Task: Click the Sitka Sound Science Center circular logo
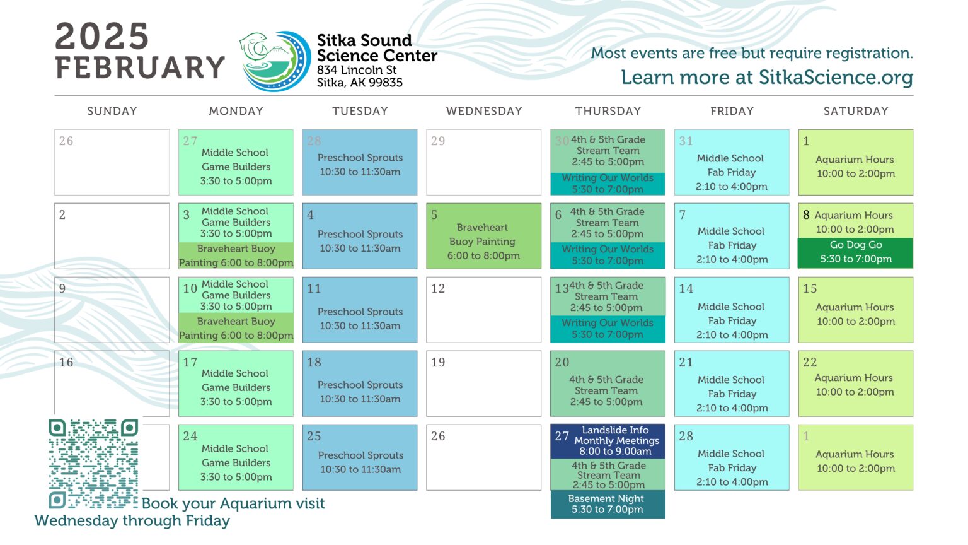click(275, 61)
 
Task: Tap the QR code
click(93, 463)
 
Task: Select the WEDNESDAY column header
click(484, 111)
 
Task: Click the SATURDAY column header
click(856, 111)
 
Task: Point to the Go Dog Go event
click(856, 252)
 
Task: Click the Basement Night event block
click(608, 504)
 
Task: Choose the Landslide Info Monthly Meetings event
click(608, 441)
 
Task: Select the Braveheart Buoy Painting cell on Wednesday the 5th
click(483, 236)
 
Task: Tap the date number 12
click(438, 288)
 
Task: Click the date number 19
click(438, 362)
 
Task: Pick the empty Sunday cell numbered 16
click(112, 384)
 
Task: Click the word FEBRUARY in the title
click(140, 67)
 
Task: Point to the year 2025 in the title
click(102, 36)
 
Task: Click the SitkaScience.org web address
click(836, 78)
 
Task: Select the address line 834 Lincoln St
click(357, 70)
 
